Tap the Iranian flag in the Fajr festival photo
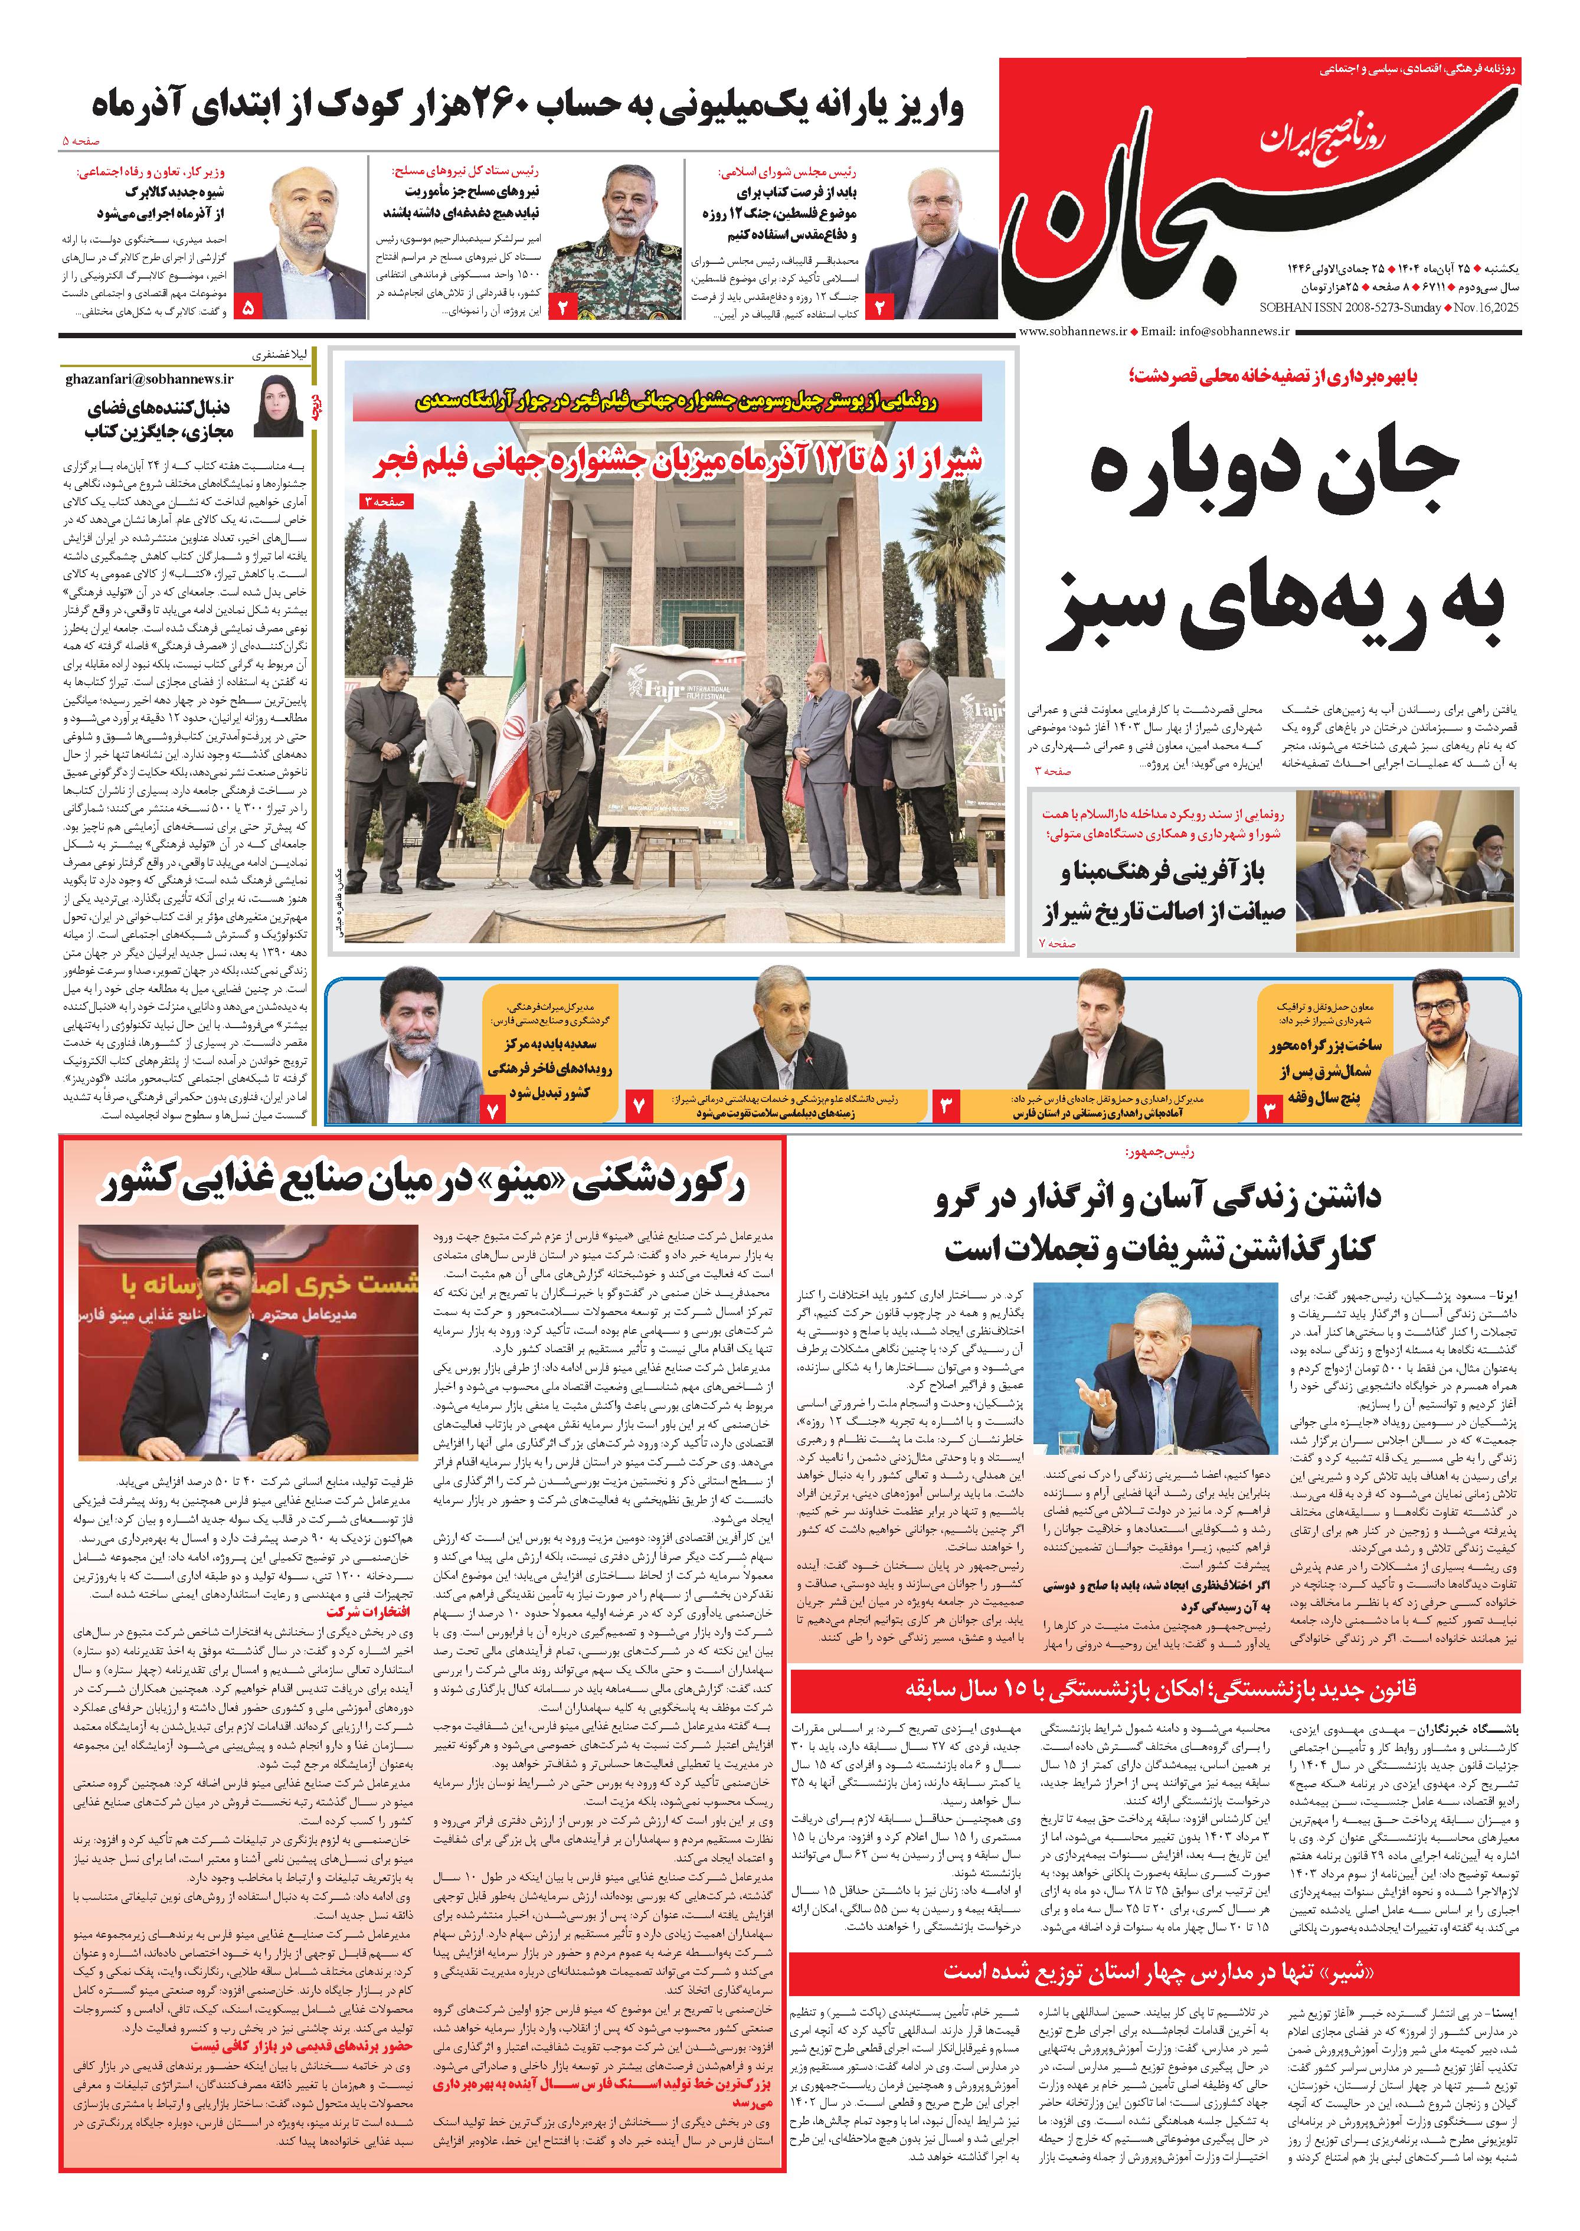click(512, 723)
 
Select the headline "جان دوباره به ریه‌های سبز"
click(1274, 540)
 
